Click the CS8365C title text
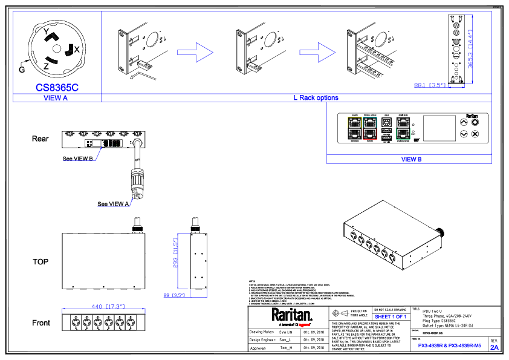57,88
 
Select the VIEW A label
56,98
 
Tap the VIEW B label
411,160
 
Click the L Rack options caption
316,98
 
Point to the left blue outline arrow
195,53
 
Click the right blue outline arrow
317,53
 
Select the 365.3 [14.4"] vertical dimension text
470,49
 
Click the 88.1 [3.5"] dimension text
430,85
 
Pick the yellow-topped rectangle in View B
355,128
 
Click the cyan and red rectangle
370,128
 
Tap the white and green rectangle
403,128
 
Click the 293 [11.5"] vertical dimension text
176,252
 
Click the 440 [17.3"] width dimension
108,306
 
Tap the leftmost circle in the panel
76,322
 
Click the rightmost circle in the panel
131,322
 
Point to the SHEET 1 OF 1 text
391,317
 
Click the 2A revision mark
494,348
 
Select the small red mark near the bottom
304,325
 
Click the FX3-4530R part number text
449,345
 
